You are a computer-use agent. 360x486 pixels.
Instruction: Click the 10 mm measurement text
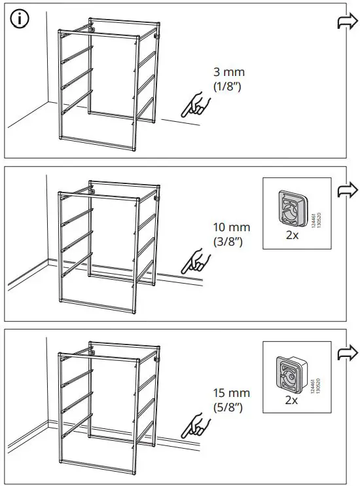(x=231, y=228)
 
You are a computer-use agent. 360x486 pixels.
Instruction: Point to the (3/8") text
(x=228, y=241)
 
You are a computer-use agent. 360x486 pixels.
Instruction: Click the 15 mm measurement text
(x=231, y=394)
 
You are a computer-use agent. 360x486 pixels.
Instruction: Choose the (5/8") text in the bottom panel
(x=228, y=407)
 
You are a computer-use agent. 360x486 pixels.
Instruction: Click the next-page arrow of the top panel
(x=344, y=23)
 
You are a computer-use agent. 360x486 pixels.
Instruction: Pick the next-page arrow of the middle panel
(x=344, y=191)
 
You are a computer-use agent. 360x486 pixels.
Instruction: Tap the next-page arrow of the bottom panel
(x=344, y=354)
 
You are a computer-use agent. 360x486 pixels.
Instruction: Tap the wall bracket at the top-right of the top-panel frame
(x=157, y=38)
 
